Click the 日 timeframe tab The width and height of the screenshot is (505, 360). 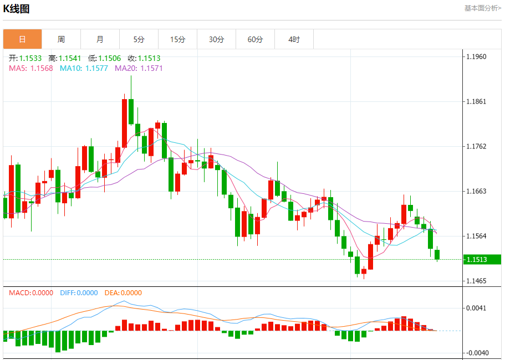click(x=22, y=39)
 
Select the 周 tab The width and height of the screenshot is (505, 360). click(x=61, y=39)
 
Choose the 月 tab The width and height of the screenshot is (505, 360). click(x=100, y=39)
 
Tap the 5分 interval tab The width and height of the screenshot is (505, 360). click(x=139, y=39)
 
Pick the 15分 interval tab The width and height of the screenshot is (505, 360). click(x=177, y=39)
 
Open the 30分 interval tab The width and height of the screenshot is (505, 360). click(x=217, y=39)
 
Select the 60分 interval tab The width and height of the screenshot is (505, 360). click(x=256, y=39)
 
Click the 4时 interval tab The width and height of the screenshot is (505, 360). click(x=294, y=39)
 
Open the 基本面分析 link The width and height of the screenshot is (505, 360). click(x=482, y=8)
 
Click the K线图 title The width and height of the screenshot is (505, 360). click(x=17, y=9)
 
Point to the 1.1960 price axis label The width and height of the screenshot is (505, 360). click(x=476, y=56)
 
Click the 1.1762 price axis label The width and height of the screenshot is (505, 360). click(x=476, y=146)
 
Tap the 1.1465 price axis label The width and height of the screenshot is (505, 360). click(x=476, y=281)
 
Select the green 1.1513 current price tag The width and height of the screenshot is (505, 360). click(x=476, y=259)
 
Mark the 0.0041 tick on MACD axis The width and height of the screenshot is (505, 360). click(x=476, y=308)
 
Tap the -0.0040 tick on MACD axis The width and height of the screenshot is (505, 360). click(x=476, y=353)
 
